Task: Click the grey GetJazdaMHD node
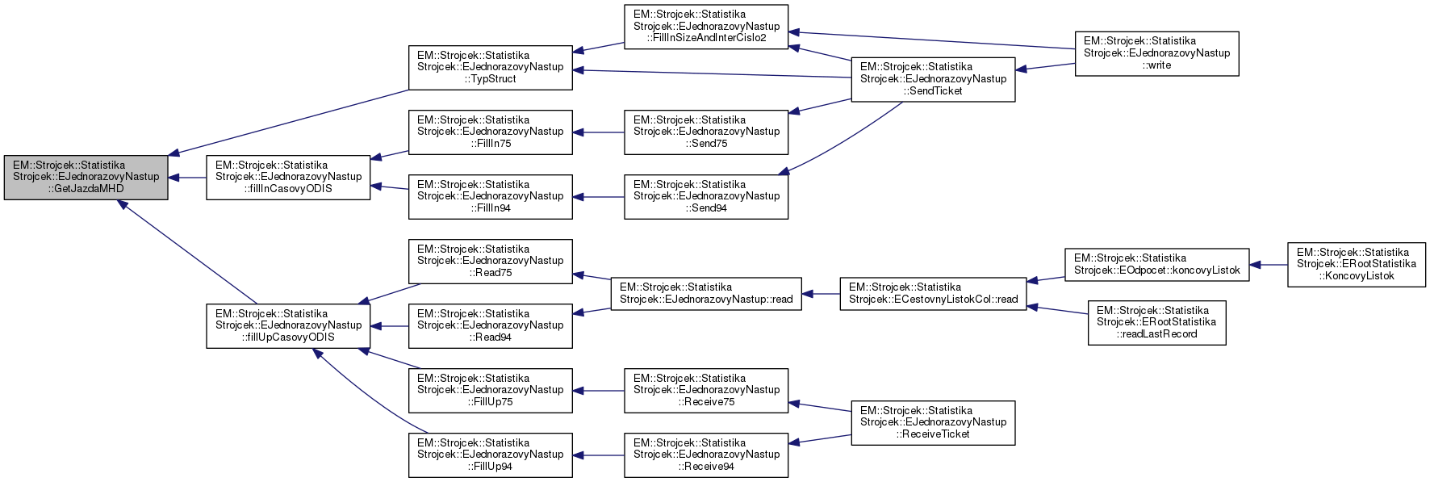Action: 86,177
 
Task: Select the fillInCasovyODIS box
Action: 288,177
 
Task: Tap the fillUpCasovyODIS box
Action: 288,325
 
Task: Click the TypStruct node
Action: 490,67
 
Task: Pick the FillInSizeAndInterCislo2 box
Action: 706,27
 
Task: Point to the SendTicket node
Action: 933,79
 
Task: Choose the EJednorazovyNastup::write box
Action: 1156,53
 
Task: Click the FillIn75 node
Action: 490,132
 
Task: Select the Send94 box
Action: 706,196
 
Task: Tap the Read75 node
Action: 490,261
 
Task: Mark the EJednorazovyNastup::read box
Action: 706,294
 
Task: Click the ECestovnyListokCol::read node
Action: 933,294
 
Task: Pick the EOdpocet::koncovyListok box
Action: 1156,265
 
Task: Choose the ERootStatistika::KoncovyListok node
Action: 1356,264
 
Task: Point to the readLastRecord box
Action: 1156,322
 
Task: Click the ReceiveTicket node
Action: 933,422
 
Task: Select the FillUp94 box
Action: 490,455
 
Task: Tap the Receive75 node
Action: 706,390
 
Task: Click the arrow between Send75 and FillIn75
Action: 598,132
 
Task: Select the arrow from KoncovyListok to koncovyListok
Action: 1268,265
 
